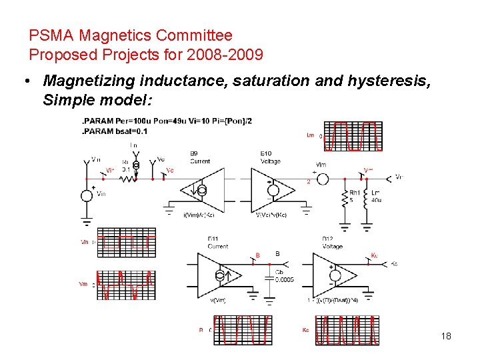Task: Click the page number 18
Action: [x=446, y=336]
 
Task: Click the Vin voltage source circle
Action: [x=87, y=195]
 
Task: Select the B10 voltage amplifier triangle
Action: [x=273, y=189]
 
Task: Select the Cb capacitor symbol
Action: [x=270, y=274]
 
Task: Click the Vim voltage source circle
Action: [x=320, y=178]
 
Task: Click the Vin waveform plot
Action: [x=127, y=243]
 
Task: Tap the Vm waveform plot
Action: [x=126, y=285]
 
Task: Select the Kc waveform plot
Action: [x=347, y=331]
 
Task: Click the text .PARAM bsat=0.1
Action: [x=114, y=131]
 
